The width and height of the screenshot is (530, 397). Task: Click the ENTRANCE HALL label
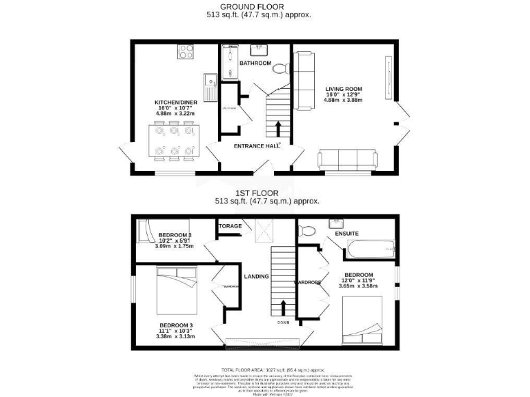[x=257, y=145]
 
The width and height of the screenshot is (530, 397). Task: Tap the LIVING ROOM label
[x=344, y=88]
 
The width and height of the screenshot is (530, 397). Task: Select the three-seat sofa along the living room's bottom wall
[x=348, y=160]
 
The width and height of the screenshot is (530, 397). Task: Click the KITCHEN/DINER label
[x=176, y=103]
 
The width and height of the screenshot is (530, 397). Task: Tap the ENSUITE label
[x=346, y=234]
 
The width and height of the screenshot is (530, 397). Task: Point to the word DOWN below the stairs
[x=283, y=323]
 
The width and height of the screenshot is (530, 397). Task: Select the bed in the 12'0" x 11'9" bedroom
[x=362, y=323]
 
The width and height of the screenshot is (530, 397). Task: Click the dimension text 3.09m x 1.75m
[x=175, y=246]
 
